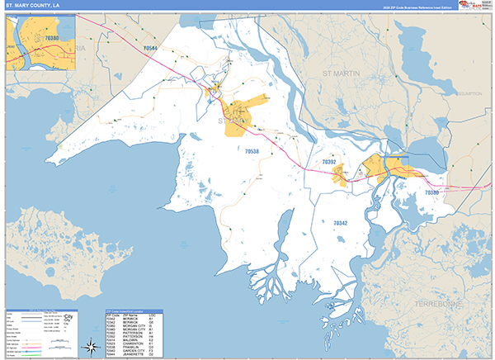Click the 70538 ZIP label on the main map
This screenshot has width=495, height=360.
tap(252, 151)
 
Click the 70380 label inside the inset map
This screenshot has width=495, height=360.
tap(51, 38)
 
